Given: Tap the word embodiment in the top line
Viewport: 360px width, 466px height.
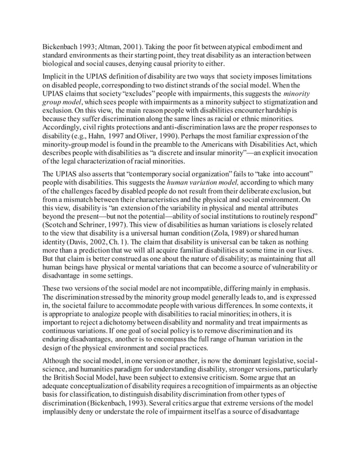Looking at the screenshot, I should [x=278, y=46].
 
